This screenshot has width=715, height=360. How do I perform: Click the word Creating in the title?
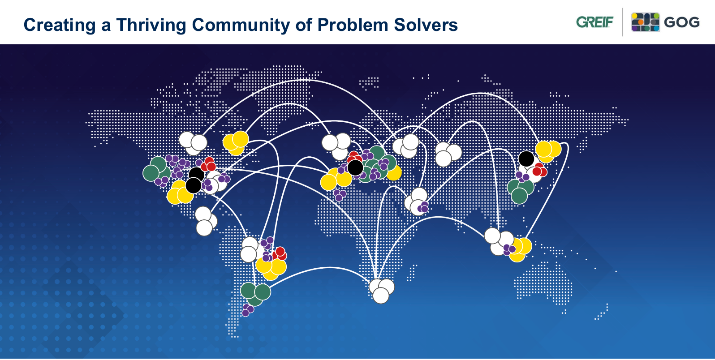pyautogui.click(x=60, y=26)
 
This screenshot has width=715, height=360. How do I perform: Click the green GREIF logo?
pyautogui.click(x=594, y=22)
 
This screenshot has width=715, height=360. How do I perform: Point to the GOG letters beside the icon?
pyautogui.click(x=682, y=22)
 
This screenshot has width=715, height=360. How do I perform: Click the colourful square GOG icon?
pyautogui.click(x=645, y=22)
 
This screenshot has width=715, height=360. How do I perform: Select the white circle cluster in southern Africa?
pyautogui.click(x=381, y=291)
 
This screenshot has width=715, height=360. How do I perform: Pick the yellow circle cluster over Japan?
pyautogui.click(x=548, y=151)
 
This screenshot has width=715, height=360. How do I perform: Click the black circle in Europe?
pyautogui.click(x=355, y=167)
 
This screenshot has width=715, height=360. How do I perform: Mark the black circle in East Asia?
pyautogui.click(x=526, y=159)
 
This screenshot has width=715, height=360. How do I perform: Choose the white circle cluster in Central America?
pyautogui.click(x=206, y=221)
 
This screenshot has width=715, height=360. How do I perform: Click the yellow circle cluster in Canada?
pyautogui.click(x=236, y=143)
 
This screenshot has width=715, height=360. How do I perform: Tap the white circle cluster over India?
pyautogui.click(x=416, y=201)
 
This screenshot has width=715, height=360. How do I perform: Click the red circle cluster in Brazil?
pyautogui.click(x=279, y=254)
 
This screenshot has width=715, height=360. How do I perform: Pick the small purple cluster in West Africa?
pyautogui.click(x=340, y=195)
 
